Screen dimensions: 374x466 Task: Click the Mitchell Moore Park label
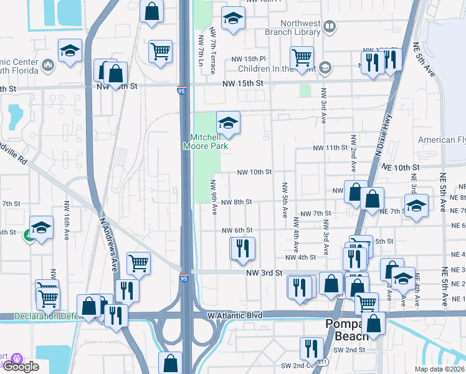[205, 141]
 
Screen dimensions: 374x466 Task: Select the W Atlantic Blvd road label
[234, 315]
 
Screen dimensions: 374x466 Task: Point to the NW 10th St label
[255, 171]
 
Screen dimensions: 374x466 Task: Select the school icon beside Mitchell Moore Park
[229, 122]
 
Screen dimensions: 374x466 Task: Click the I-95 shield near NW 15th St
[181, 91]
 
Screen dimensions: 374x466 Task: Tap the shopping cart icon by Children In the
[302, 57]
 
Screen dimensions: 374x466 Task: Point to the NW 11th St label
[330, 148]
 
